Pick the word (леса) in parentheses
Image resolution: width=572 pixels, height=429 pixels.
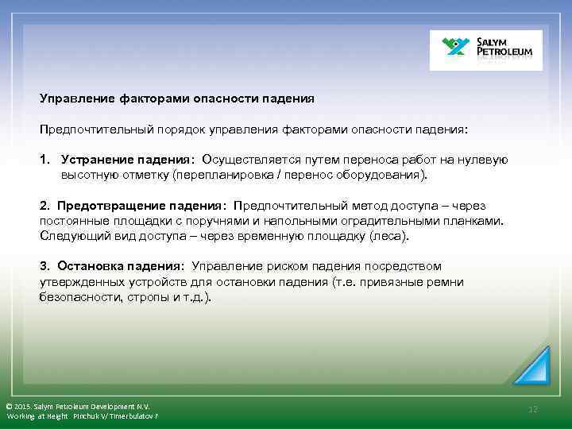click(x=392, y=235)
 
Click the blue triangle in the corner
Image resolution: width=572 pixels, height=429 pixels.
click(x=533, y=366)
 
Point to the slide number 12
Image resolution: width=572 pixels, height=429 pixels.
click(x=533, y=409)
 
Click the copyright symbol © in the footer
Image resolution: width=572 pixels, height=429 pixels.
click(x=9, y=406)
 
